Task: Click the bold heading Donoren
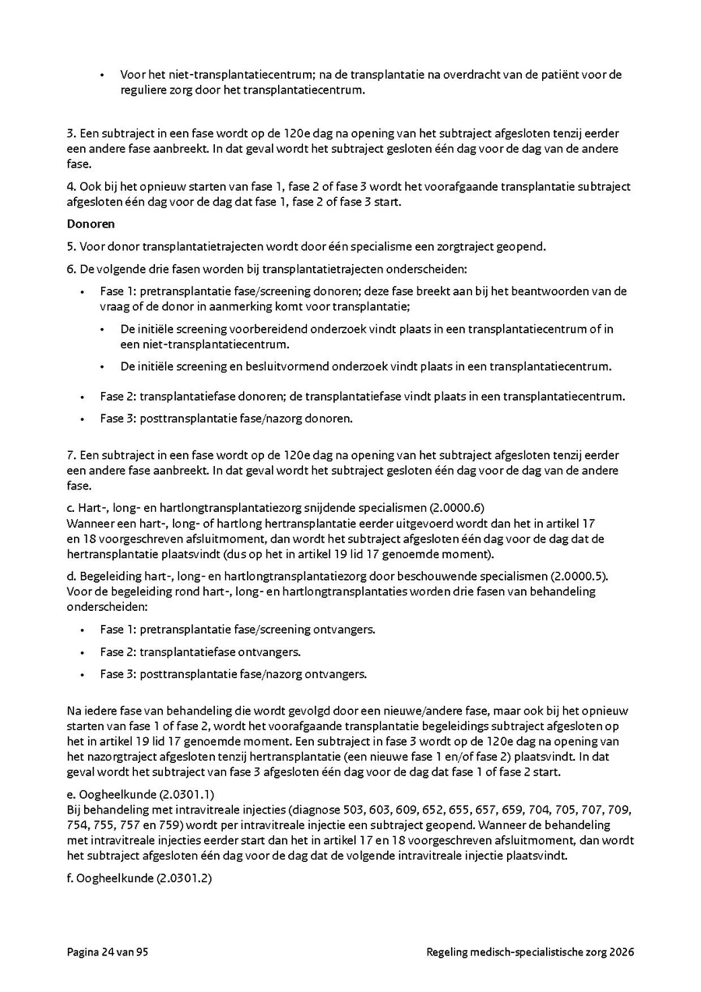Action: [90, 224]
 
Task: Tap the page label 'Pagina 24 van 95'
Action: [107, 951]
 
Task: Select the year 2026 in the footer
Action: [622, 951]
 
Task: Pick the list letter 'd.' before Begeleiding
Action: [71, 576]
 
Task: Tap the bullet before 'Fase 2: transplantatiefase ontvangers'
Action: [82, 652]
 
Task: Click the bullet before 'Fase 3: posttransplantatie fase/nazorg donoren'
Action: [82, 419]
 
